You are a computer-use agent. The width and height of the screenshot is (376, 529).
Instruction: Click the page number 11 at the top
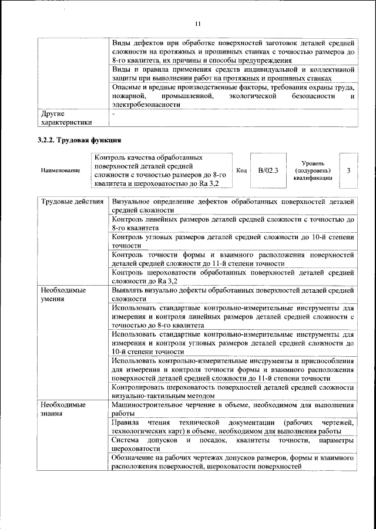tap(197, 24)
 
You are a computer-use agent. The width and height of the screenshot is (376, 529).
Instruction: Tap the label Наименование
tap(61, 170)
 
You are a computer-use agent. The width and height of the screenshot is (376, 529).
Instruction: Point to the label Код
tap(241, 170)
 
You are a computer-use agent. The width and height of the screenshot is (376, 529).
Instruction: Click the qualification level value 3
tap(349, 170)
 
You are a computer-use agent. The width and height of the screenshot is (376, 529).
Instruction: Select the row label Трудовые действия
tap(72, 202)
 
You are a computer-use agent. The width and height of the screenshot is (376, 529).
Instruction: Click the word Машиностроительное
tap(149, 405)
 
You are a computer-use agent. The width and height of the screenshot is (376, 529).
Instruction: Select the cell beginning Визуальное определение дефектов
tap(233, 205)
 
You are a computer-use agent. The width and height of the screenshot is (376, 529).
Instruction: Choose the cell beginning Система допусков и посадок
tap(233, 445)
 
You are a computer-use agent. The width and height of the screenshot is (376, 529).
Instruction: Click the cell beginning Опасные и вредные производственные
tap(233, 95)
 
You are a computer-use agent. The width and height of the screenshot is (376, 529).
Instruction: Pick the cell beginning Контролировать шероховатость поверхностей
tap(233, 391)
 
